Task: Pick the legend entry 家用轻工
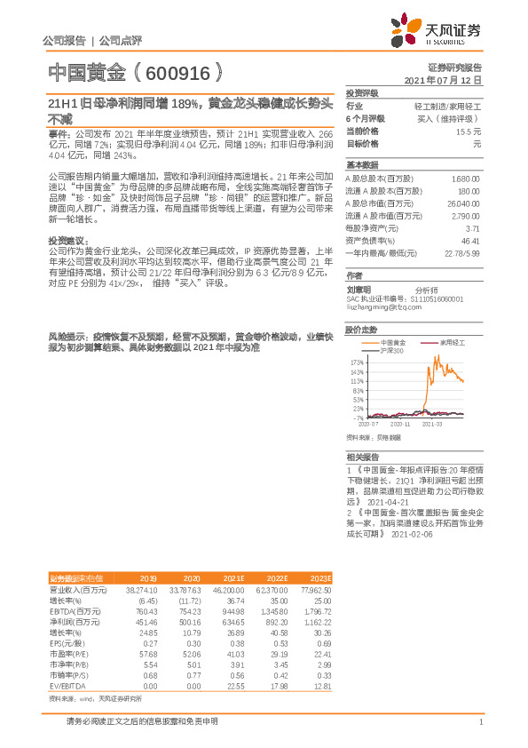coord(453,342)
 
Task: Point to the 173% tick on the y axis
coord(358,362)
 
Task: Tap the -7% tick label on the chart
coord(359,417)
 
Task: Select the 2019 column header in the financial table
coord(148,577)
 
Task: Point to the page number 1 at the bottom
coord(480,721)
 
